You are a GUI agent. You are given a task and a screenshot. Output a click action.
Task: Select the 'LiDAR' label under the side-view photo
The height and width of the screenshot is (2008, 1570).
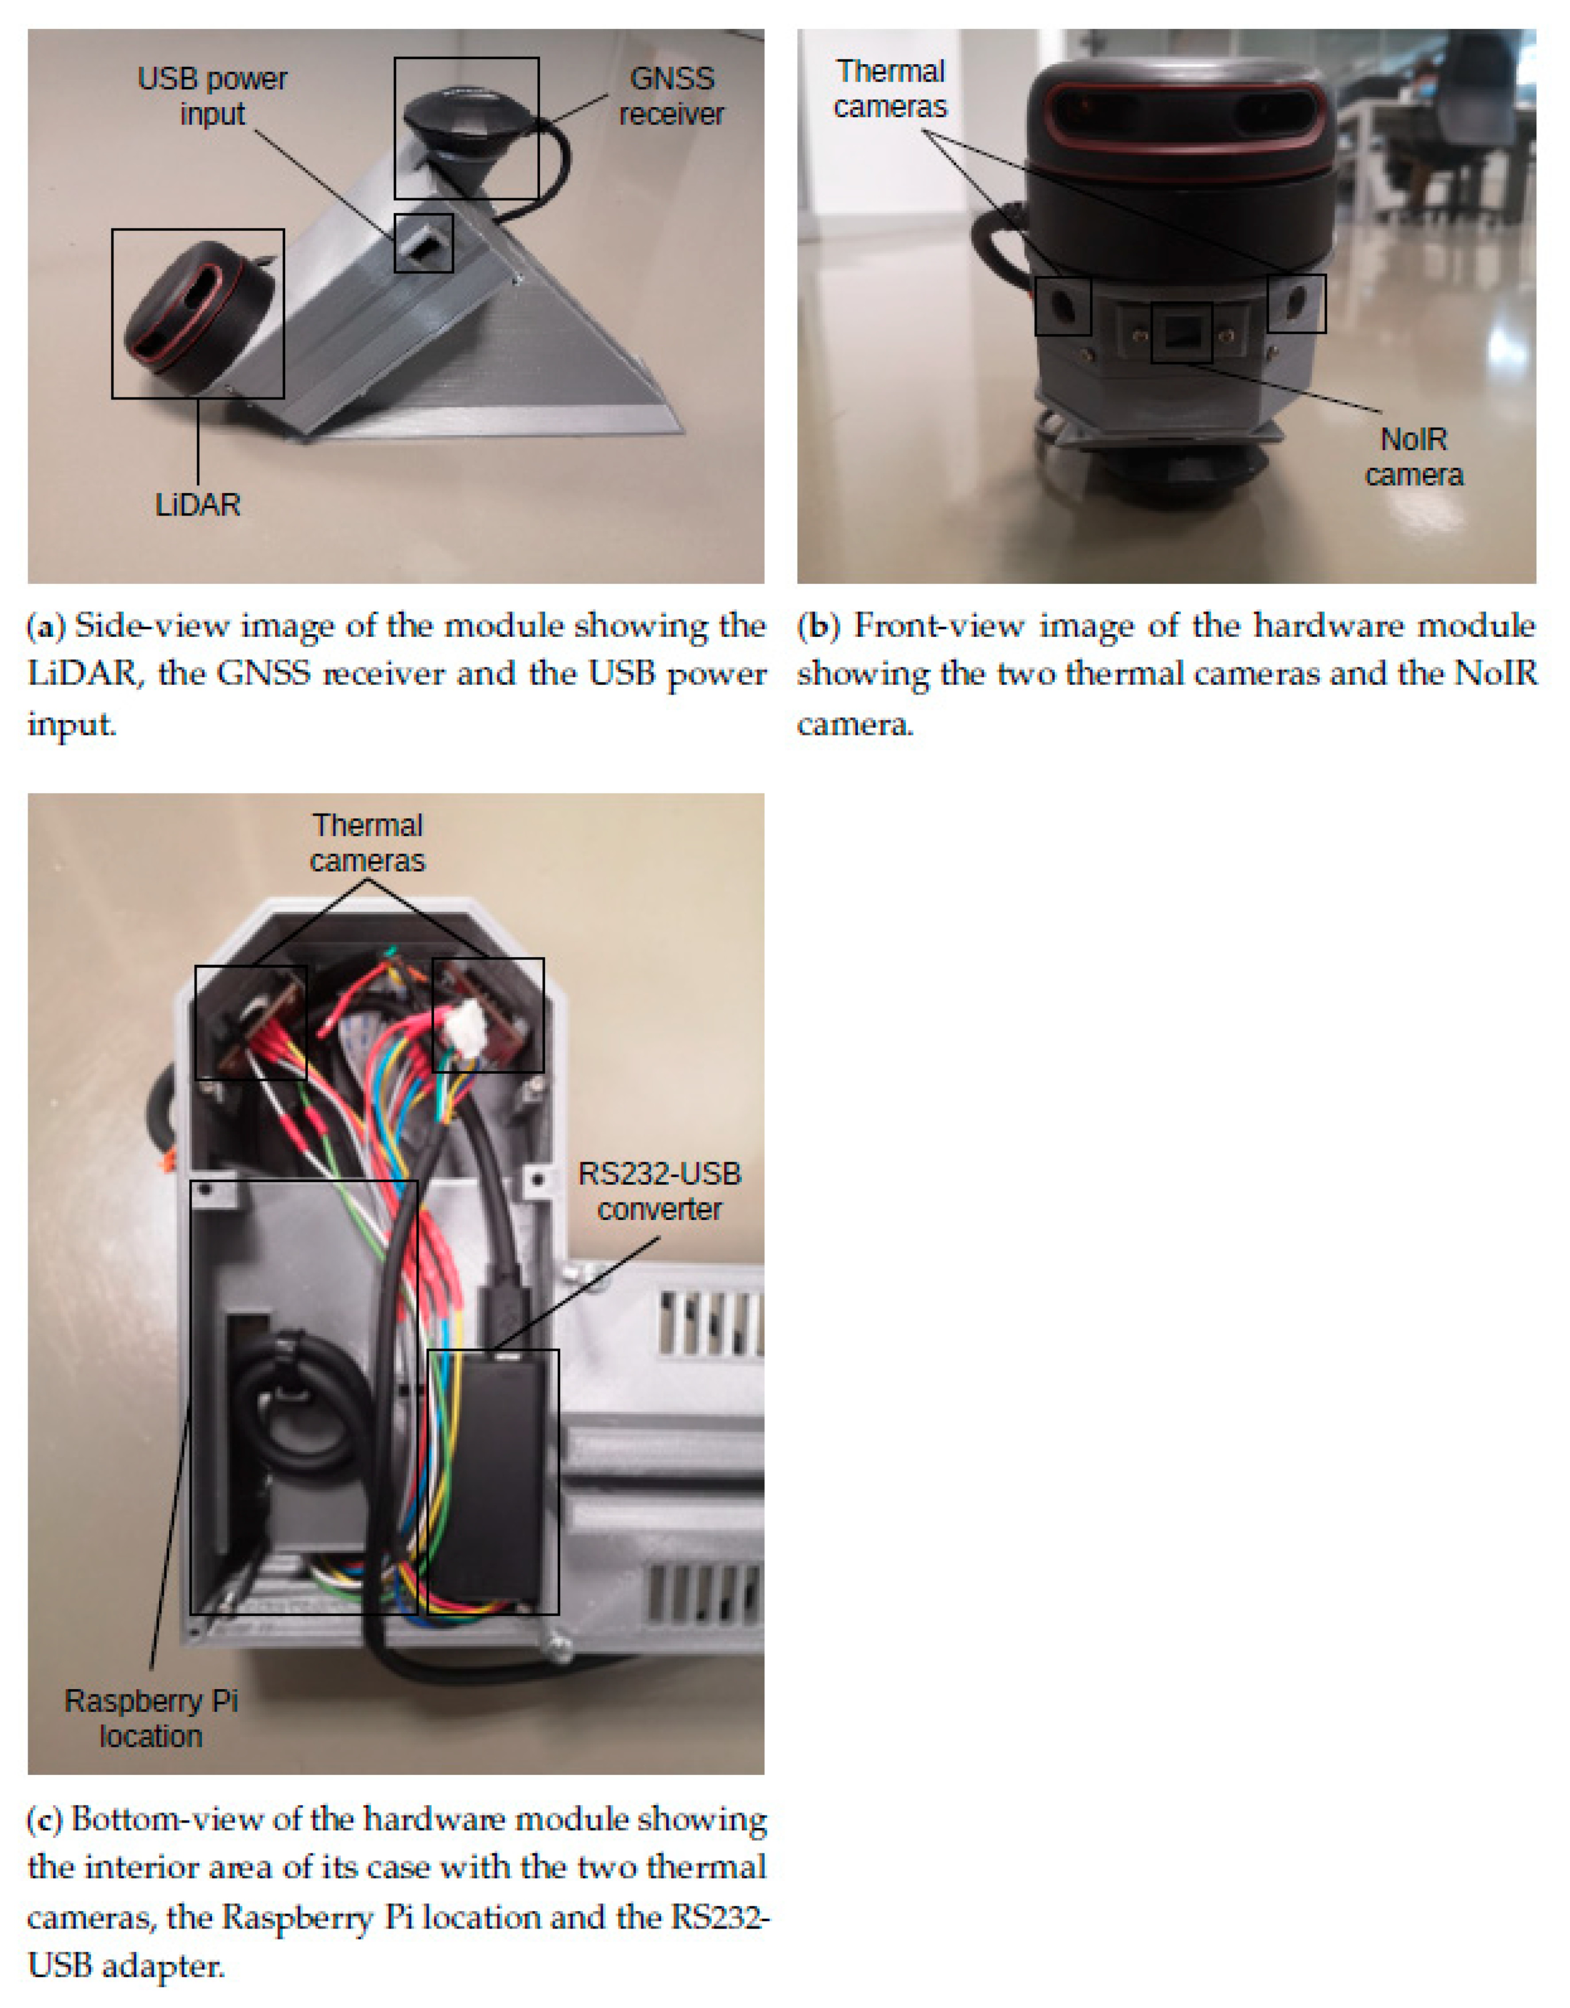point(198,505)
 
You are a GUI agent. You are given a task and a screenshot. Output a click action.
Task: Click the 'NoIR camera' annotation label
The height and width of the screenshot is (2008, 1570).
point(1414,457)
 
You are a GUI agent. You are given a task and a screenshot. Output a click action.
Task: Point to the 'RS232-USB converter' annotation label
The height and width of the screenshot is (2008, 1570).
point(659,1192)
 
